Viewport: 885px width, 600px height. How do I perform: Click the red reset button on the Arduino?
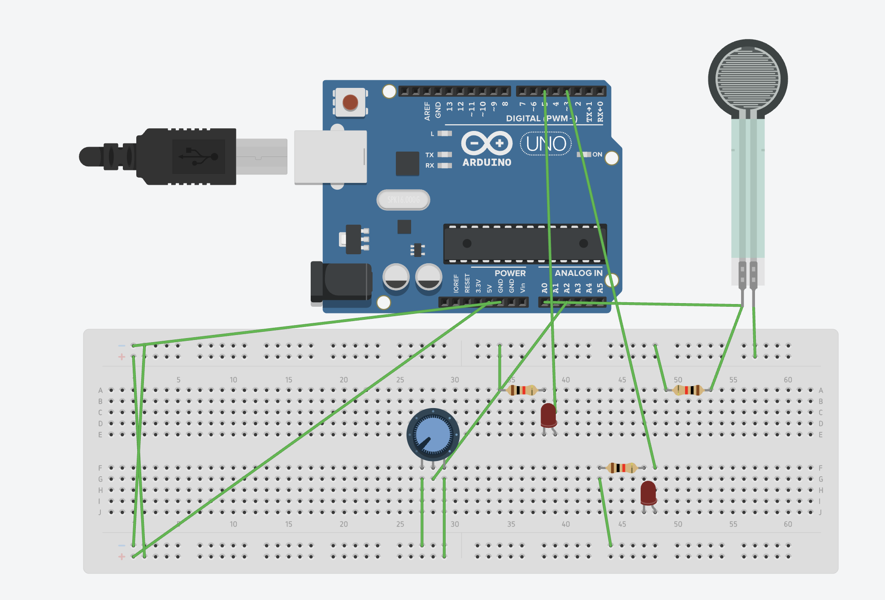point(350,103)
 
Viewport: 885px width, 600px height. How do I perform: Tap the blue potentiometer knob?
point(433,435)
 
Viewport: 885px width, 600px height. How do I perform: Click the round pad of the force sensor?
point(747,79)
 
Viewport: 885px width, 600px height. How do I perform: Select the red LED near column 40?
point(548,415)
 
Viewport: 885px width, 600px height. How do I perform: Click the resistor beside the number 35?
point(521,390)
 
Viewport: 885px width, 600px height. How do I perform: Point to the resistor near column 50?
point(688,390)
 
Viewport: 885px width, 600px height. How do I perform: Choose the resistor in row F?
point(621,468)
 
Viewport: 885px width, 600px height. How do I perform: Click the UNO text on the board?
point(546,144)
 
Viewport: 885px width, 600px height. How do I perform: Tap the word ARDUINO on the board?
point(486,162)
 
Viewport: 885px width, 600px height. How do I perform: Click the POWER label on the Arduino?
point(510,273)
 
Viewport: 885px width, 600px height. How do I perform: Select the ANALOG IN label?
point(578,273)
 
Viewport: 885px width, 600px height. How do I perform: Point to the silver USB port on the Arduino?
point(330,157)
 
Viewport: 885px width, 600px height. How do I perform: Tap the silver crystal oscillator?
point(403,200)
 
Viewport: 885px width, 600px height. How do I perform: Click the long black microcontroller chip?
point(525,243)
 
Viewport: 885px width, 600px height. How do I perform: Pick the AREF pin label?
point(427,111)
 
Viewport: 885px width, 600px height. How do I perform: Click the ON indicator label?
point(597,154)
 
